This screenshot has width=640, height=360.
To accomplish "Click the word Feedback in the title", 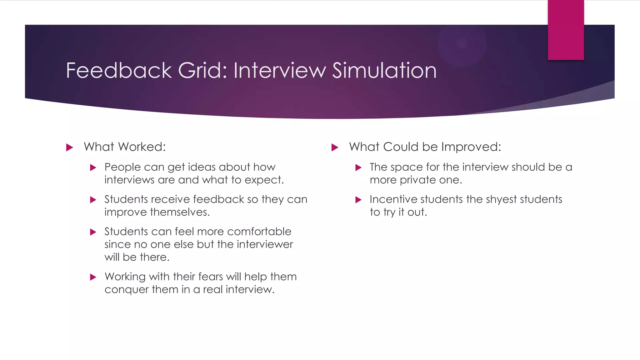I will coord(119,70).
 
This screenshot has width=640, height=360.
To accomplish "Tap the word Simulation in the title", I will coord(384,70).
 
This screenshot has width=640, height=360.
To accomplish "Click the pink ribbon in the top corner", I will coord(566,30).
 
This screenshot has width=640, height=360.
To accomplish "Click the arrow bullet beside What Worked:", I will coord(70,147).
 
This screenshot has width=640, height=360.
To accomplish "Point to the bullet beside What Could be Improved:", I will coord(335,147).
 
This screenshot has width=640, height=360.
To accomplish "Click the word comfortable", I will coord(259,232).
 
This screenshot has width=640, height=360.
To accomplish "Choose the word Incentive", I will coord(394,199).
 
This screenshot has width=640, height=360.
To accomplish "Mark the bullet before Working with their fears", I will coord(93,277).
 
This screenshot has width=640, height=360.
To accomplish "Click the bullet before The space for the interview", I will coord(358,168).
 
